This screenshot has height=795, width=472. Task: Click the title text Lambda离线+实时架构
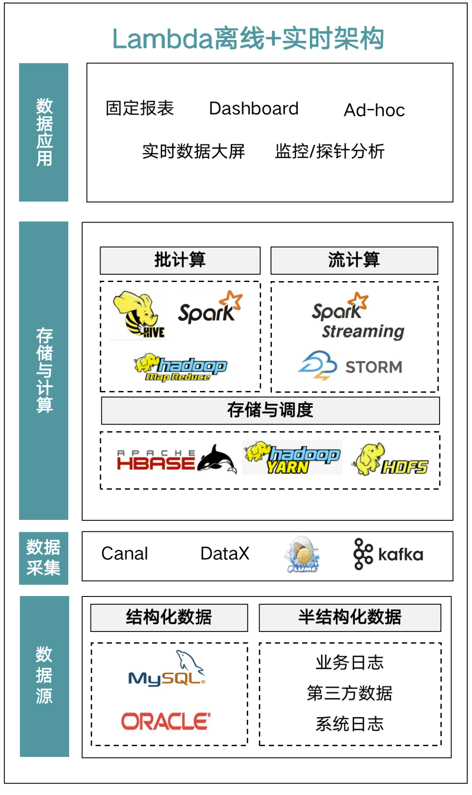click(248, 38)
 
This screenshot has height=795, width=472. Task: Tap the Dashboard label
click(253, 108)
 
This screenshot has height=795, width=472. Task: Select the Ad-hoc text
click(374, 110)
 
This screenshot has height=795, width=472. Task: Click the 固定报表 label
click(140, 108)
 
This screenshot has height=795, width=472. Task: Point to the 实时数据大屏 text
click(194, 151)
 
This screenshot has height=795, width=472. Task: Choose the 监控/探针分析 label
click(330, 151)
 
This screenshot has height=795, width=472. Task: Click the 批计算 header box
click(180, 260)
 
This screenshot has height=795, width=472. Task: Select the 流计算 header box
click(354, 260)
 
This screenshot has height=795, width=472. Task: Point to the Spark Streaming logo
click(358, 317)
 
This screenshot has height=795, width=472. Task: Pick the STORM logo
click(350, 366)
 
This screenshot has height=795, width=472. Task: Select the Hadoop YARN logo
click(292, 457)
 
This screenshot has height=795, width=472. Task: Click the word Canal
click(125, 554)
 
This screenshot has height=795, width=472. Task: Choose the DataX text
click(225, 554)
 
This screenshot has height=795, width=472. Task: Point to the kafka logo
click(389, 554)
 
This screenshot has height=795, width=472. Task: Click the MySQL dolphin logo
click(167, 669)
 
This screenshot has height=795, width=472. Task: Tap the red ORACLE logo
click(166, 721)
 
